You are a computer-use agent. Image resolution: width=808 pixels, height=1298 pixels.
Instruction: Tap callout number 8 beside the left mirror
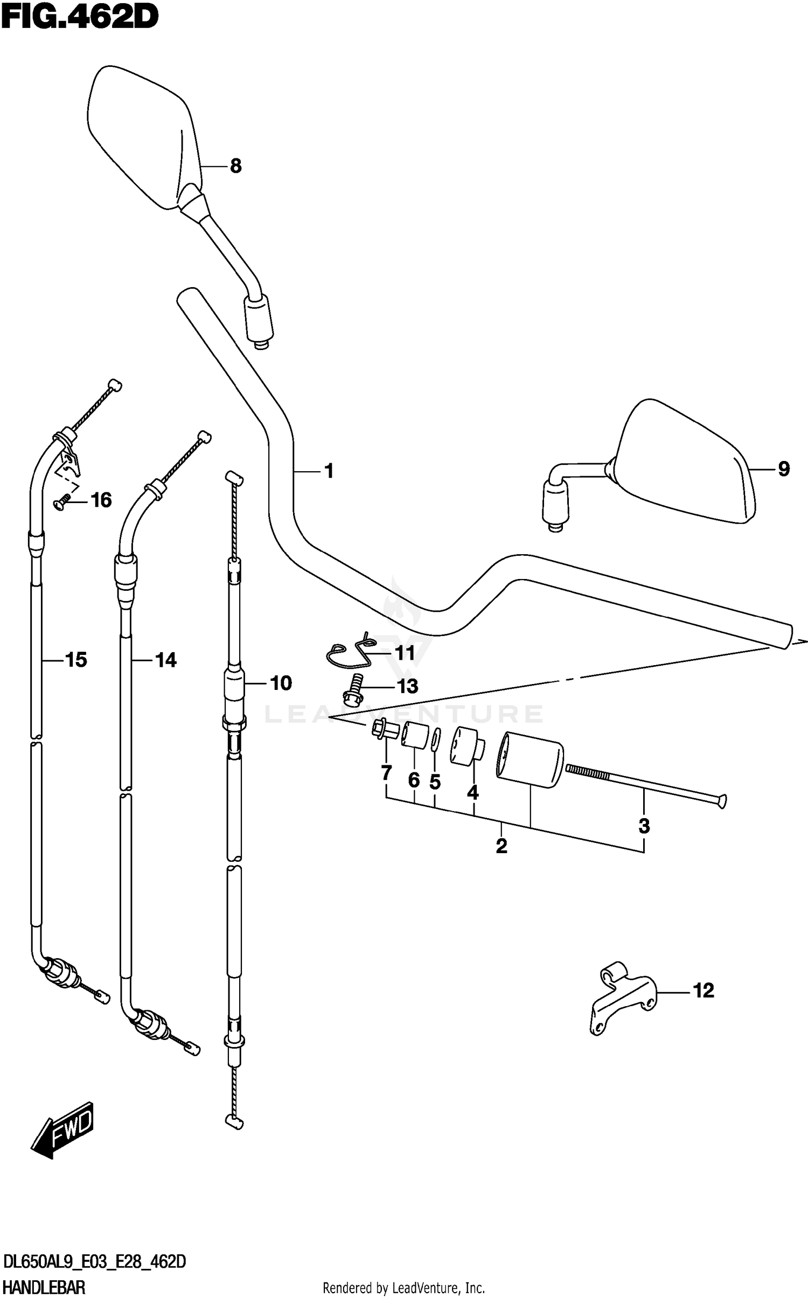(235, 166)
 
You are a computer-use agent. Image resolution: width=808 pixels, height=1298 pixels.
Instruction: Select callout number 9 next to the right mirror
(784, 469)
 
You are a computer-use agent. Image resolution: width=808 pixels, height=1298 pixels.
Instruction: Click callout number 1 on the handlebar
(329, 471)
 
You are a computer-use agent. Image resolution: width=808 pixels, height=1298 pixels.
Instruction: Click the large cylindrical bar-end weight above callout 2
(530, 763)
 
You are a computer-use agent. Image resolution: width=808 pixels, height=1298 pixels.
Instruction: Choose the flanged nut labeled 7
(383, 730)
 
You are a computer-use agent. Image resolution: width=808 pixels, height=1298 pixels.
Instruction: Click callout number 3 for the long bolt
(644, 826)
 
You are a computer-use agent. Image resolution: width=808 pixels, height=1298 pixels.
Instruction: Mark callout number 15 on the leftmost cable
(76, 659)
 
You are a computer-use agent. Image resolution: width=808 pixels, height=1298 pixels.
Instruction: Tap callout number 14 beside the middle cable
(165, 660)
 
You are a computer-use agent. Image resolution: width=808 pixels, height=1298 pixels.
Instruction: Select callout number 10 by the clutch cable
(280, 683)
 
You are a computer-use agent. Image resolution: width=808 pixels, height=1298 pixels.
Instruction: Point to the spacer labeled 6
(414, 736)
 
